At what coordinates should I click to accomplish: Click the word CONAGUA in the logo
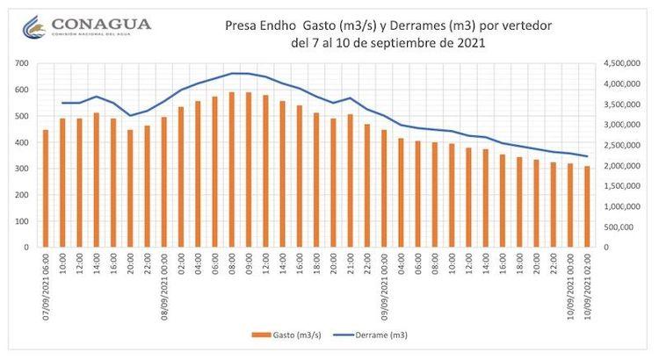pyautogui.click(x=100, y=24)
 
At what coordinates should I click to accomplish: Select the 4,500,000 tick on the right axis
pyautogui.click(x=619, y=64)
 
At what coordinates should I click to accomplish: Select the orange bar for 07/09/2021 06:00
pyautogui.click(x=46, y=189)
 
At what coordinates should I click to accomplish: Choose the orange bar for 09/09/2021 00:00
pyautogui.click(x=384, y=189)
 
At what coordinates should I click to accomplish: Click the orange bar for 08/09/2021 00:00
pyautogui.click(x=163, y=182)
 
